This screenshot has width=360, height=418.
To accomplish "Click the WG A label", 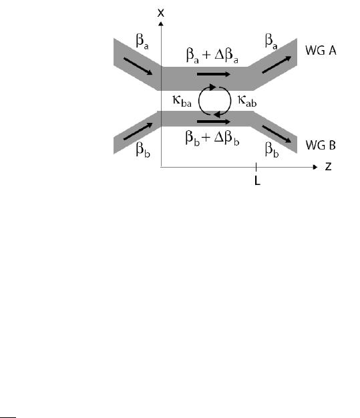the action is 321,50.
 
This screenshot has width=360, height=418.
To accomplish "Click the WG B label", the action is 321,146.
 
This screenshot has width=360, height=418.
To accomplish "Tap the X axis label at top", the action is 160,13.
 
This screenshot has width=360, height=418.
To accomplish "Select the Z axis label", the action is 328,167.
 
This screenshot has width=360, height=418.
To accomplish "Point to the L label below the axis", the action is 257,181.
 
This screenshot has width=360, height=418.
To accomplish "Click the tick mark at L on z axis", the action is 256,167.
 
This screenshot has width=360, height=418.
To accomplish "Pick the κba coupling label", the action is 182,101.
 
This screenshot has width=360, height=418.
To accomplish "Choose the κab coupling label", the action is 247,101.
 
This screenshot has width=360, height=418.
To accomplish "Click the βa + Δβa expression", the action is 212,55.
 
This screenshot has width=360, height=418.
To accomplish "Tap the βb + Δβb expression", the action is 212,138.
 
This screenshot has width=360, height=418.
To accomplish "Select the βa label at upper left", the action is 142,41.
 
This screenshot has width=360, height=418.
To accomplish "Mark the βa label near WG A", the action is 271,41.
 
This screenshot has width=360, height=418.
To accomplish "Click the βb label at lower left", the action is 143,150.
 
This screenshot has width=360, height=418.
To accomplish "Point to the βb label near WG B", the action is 272,150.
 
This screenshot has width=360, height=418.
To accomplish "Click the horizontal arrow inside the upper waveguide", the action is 214,74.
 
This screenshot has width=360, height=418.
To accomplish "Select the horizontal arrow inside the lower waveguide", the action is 214,122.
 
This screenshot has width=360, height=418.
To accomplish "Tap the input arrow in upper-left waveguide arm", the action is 138,66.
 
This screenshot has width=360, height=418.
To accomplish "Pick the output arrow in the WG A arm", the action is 277,65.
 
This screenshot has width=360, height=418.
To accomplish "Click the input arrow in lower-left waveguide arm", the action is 138,131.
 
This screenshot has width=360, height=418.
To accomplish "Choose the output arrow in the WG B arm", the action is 277,134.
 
